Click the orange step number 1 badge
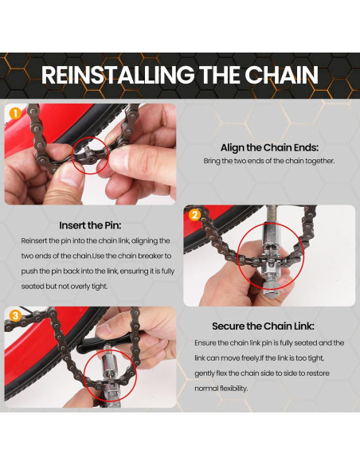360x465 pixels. tap(14, 113)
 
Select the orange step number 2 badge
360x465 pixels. tap(193, 215)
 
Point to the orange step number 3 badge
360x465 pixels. tap(14, 316)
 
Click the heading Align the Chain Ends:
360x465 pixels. tap(268, 147)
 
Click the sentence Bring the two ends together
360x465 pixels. tap(268, 162)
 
